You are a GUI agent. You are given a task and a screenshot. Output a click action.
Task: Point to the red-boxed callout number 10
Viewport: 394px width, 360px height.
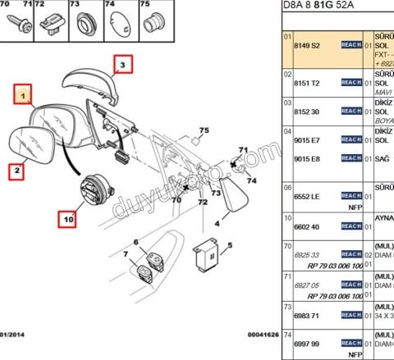[x=68, y=219]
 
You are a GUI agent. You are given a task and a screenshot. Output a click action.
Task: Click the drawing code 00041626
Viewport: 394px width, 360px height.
[x=263, y=334]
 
